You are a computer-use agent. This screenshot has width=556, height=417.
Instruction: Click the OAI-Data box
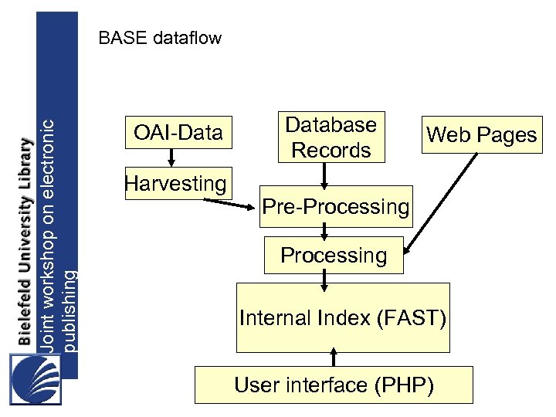178,134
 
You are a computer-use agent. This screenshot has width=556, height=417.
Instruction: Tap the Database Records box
331,137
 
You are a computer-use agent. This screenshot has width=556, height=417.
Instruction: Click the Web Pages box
481,135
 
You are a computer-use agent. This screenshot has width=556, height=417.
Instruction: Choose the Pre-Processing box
335,206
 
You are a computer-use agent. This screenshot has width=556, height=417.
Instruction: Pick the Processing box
334,255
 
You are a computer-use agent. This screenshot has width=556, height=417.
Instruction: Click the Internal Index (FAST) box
342,317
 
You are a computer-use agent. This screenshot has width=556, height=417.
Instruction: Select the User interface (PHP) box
334,385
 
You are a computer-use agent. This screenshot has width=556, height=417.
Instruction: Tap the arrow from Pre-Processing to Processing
325,231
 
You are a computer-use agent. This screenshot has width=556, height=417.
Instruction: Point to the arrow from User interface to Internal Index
334,357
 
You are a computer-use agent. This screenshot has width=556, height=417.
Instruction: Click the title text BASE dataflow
160,38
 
